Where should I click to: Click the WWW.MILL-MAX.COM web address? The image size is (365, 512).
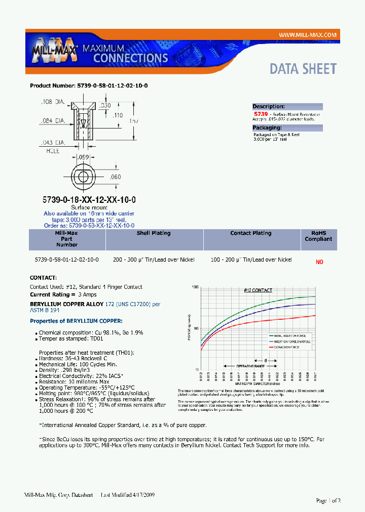308,35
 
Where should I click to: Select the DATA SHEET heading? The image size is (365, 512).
303,69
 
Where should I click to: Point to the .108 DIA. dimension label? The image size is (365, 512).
53,102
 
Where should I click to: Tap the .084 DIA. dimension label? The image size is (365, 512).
53,121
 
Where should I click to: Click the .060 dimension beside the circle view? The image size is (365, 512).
116,177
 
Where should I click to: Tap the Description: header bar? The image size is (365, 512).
287,107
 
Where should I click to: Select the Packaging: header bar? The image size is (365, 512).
287,128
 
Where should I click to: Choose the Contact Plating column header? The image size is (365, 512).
250,233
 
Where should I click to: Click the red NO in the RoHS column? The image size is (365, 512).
319,262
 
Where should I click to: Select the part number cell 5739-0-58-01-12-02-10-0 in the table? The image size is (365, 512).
67,260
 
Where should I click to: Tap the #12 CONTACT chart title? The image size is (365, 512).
258,290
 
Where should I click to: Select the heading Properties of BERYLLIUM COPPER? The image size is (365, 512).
76,321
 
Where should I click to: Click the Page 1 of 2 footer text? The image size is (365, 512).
328,500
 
